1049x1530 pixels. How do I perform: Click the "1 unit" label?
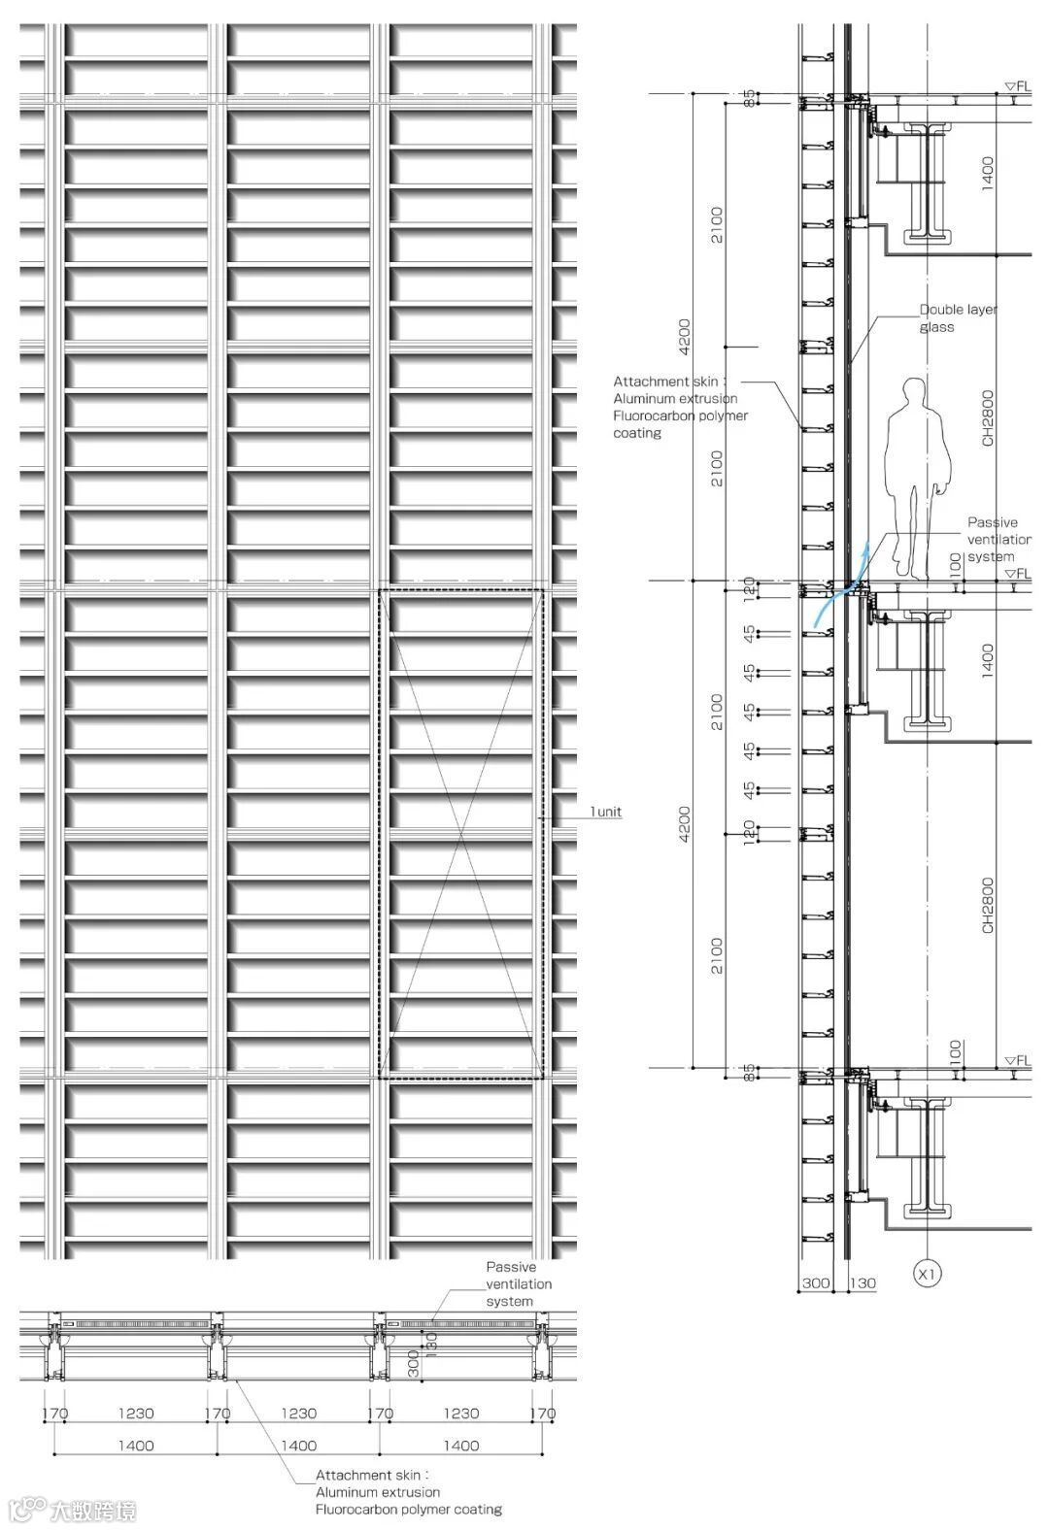(606, 812)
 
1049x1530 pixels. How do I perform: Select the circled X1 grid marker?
(928, 1273)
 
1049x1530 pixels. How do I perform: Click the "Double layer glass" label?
(957, 318)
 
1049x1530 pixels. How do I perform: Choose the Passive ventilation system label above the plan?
(518, 1283)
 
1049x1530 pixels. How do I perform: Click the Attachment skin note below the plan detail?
(408, 1492)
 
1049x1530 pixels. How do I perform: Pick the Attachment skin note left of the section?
(679, 408)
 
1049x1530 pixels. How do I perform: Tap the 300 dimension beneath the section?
(816, 1282)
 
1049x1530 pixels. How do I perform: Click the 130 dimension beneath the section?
(863, 1282)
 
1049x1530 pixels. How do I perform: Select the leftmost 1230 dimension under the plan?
(136, 1414)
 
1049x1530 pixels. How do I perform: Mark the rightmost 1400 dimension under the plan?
(461, 1446)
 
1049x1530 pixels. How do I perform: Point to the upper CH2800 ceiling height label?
(988, 418)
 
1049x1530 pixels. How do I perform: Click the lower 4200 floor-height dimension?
(685, 823)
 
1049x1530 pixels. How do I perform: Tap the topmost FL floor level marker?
(1018, 86)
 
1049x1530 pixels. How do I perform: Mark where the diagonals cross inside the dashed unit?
(461, 834)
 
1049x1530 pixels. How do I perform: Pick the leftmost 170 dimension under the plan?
(55, 1414)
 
